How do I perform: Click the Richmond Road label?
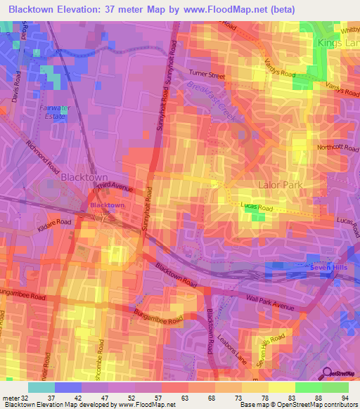(42, 157)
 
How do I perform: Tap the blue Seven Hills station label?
(328, 268)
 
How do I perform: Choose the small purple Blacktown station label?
(108, 205)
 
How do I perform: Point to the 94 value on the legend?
(345, 397)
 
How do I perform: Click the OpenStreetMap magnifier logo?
(328, 374)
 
